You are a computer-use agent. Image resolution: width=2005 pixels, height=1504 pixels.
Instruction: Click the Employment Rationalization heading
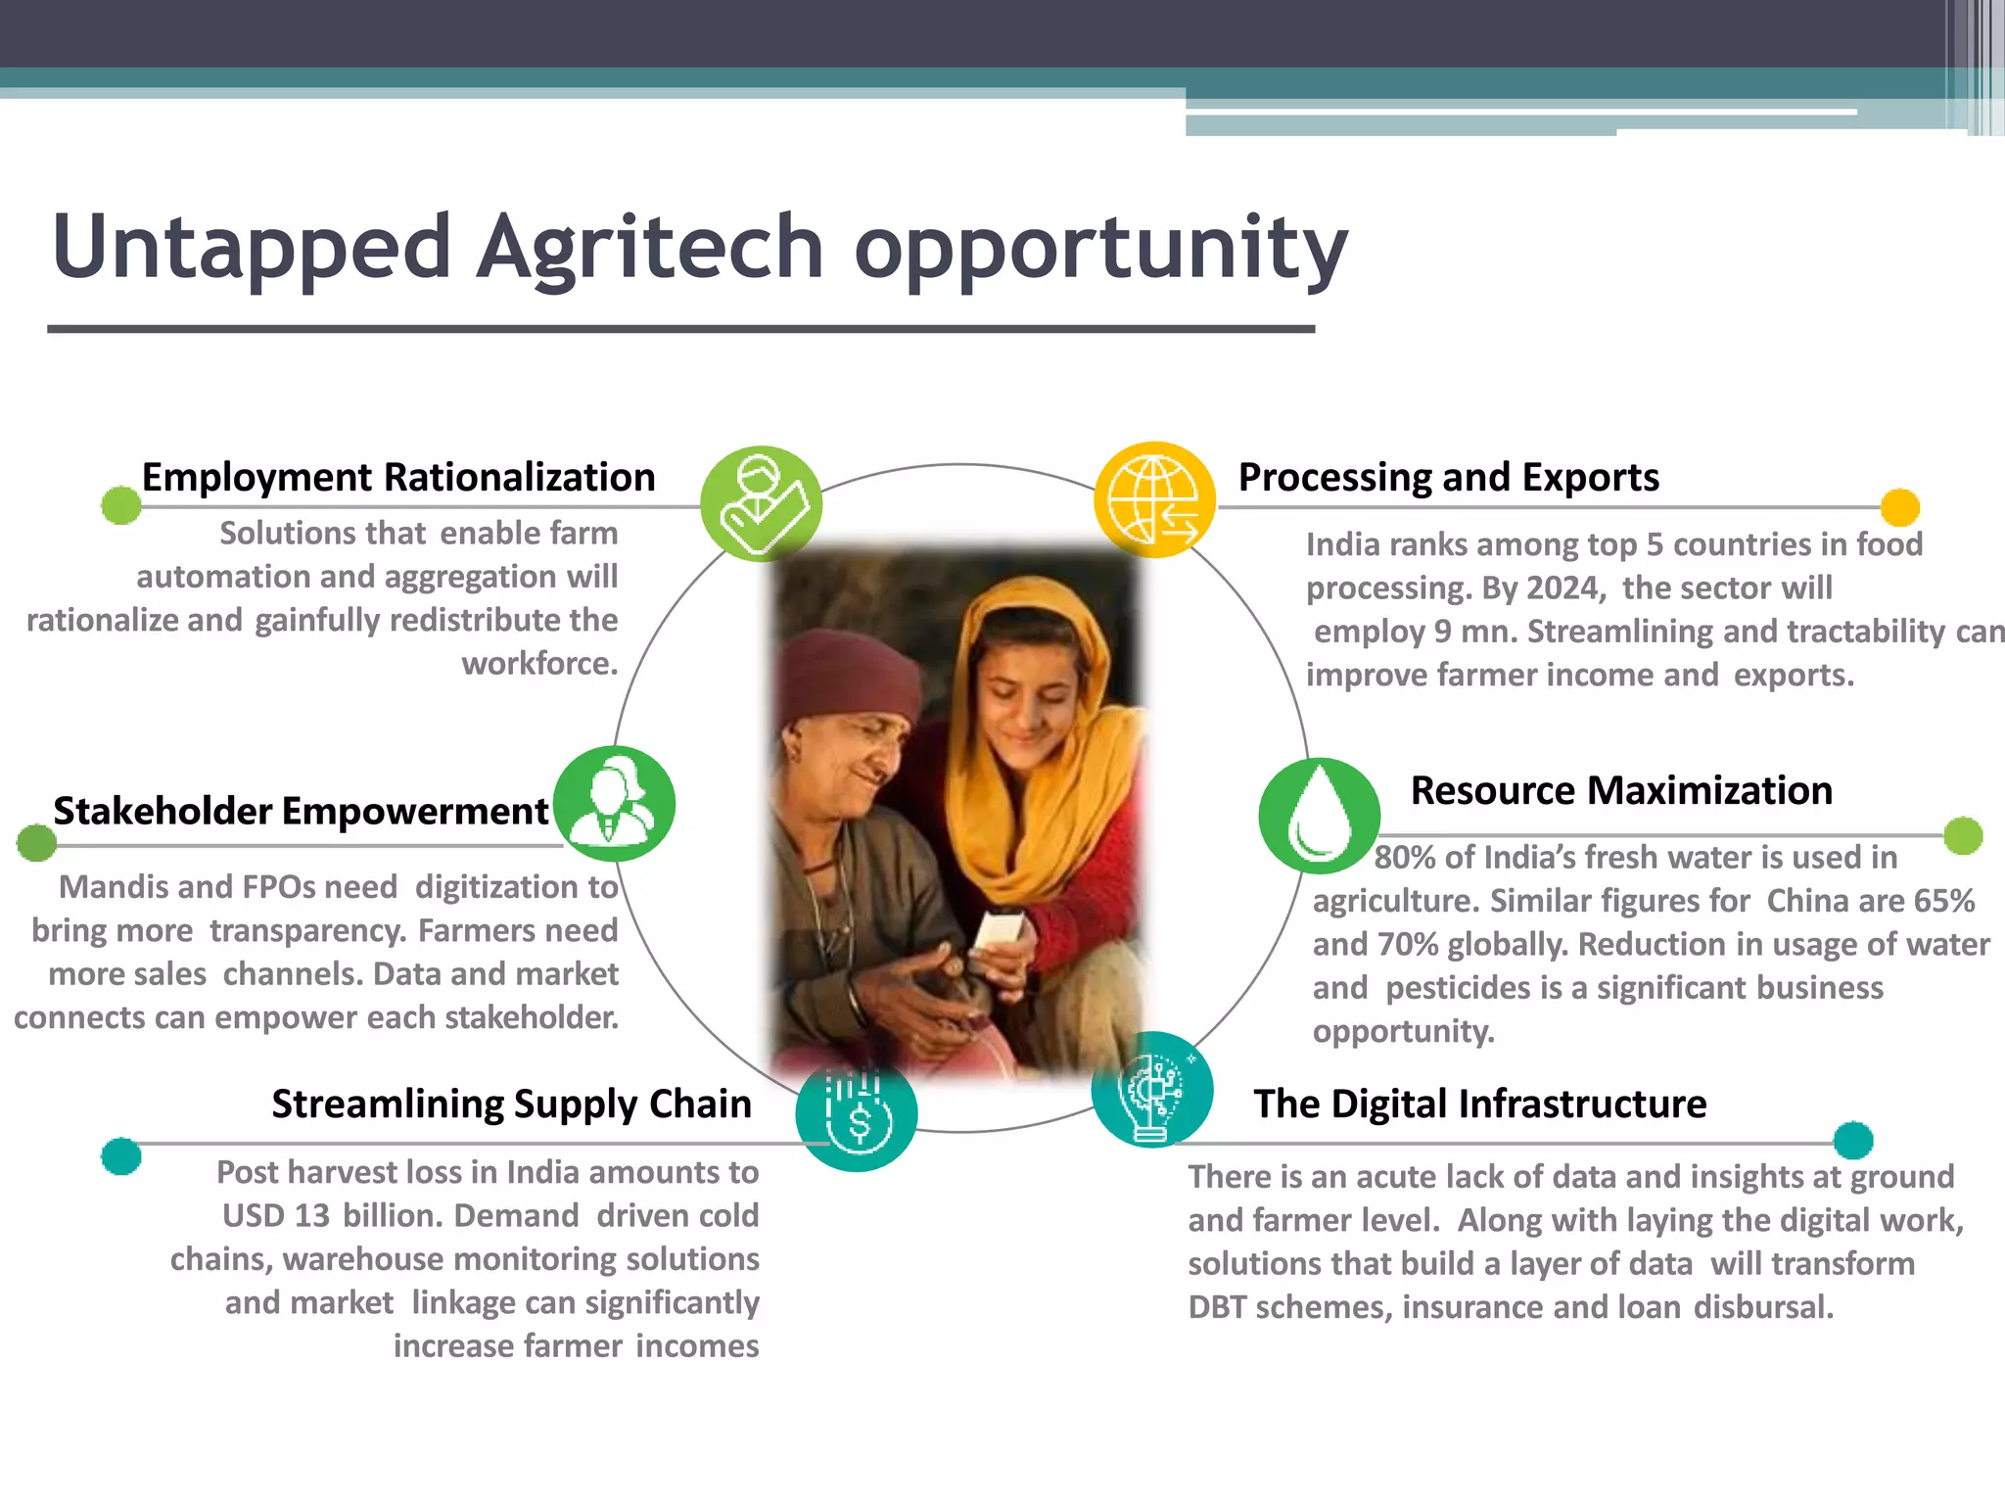398,478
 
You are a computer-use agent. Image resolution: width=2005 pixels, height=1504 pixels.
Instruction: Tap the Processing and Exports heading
1448,478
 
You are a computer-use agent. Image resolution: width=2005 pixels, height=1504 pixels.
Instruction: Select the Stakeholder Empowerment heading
301,811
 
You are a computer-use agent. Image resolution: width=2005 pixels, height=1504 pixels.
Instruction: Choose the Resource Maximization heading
1621,790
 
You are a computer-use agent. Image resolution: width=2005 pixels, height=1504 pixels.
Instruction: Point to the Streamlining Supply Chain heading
511,1104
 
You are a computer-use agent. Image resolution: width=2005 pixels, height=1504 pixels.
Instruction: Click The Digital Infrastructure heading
1479,1104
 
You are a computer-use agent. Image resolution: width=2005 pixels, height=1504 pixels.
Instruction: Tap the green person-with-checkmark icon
762,503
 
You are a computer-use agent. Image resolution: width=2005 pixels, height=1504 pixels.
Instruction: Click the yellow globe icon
1154,499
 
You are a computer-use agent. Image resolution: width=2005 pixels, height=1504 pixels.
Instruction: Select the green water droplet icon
1319,815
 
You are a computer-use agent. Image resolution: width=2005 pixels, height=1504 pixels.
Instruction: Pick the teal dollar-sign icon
857,1113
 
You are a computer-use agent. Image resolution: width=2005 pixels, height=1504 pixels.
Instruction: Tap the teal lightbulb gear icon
1152,1091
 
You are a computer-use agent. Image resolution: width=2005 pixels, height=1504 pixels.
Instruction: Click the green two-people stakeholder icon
614,803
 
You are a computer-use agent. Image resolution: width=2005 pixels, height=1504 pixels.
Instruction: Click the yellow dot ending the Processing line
1899,507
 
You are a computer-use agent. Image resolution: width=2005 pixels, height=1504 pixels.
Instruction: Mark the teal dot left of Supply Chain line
121,1156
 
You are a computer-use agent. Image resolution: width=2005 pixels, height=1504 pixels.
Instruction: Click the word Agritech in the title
650,247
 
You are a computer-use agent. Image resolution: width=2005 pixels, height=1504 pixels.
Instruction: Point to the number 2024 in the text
1562,588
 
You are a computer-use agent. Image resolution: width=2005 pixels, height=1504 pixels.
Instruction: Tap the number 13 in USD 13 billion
311,1216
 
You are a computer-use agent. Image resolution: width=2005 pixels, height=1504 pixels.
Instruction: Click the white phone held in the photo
998,929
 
